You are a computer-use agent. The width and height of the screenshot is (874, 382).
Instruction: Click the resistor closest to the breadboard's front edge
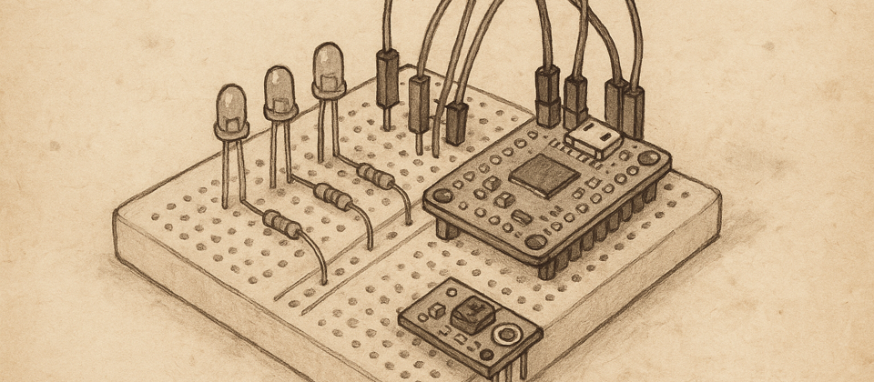click(x=282, y=223)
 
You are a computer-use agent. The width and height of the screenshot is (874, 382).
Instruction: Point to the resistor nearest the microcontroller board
click(x=375, y=175)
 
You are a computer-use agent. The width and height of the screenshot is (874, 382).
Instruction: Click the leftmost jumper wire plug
click(x=387, y=78)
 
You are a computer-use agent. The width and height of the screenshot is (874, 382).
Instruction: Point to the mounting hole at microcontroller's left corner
click(x=442, y=194)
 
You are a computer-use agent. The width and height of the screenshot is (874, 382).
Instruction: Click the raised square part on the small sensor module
click(x=473, y=316)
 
